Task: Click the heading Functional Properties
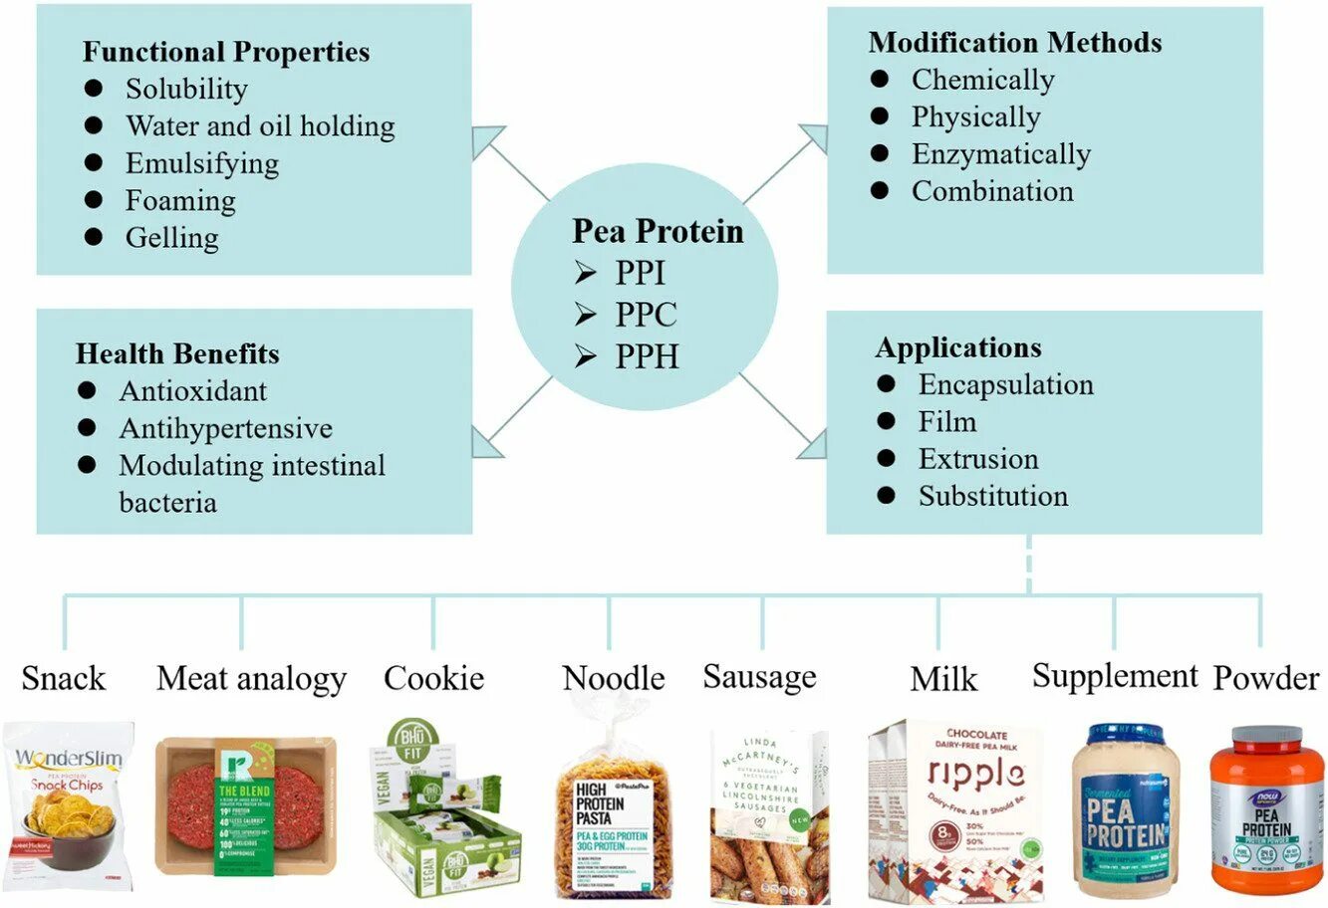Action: coord(225,52)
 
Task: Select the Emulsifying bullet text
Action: coord(201,163)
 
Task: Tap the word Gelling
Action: coord(171,238)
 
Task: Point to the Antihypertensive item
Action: coord(225,428)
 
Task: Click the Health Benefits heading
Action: coord(177,353)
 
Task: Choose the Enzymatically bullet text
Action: coord(1000,154)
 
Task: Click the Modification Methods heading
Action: coord(1014,42)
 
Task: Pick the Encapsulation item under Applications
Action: coord(1005,384)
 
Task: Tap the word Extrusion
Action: coord(977,459)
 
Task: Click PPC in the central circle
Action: coord(646,315)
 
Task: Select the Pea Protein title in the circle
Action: coord(658,231)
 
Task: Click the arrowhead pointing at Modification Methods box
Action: coord(814,137)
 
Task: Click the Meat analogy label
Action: coord(251,679)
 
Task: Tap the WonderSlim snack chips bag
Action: coord(68,804)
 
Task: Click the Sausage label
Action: coord(759,677)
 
